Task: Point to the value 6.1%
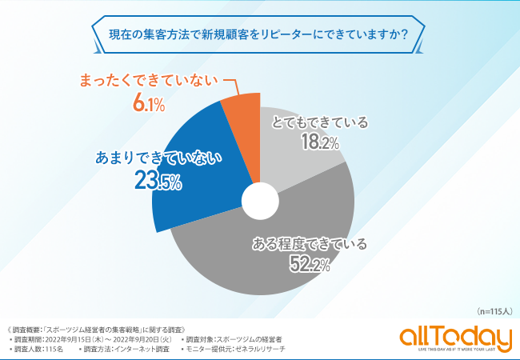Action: coord(148,104)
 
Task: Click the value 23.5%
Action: coord(158,182)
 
